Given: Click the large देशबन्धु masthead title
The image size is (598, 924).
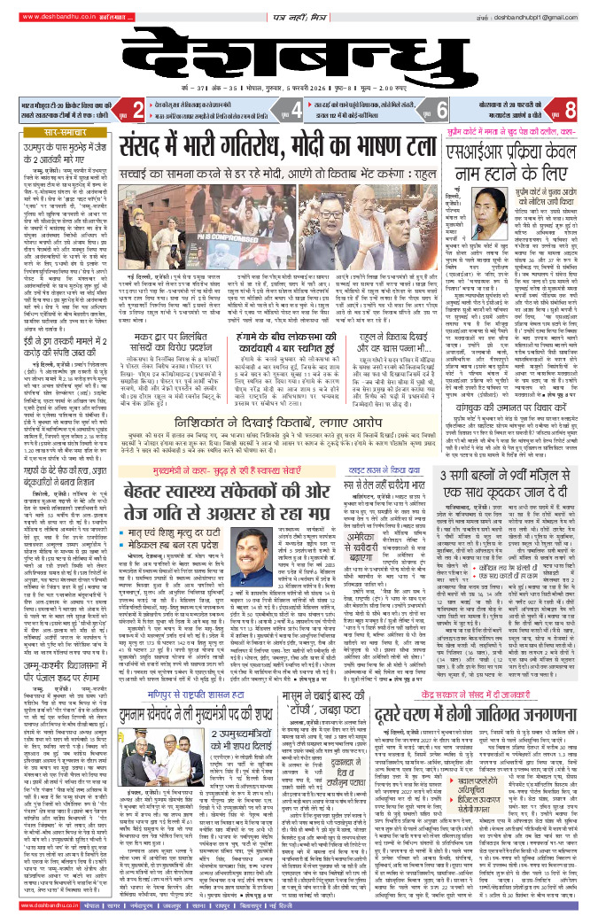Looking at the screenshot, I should [298, 54].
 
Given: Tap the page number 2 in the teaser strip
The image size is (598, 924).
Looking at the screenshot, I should [137, 110].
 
